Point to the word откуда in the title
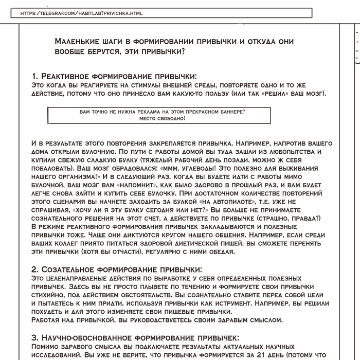pyautogui.click(x=260, y=41)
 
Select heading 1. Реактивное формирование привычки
pyautogui.click(x=114, y=76)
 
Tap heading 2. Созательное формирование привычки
pyautogui.click(x=117, y=269)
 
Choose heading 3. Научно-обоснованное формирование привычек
pyautogui.click(x=135, y=337)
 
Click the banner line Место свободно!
pyautogui.click(x=162, y=118)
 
